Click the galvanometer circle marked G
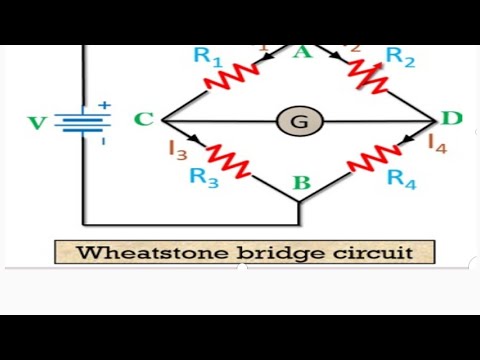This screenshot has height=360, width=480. [298, 122]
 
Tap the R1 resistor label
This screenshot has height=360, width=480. [207, 56]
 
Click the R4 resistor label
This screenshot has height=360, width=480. [401, 179]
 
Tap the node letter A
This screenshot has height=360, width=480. [300, 52]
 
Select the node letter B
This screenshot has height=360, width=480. [300, 183]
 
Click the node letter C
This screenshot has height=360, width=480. [143, 120]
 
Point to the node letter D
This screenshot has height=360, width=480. [451, 119]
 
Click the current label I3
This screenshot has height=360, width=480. [178, 151]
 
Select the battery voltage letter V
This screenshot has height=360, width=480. [37, 123]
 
